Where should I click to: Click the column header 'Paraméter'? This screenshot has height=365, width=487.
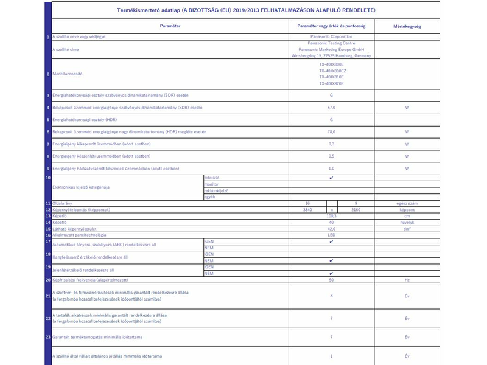click(x=170, y=27)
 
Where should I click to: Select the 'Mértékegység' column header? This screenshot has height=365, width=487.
click(x=407, y=27)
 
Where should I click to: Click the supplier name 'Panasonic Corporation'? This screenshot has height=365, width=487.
click(x=331, y=37)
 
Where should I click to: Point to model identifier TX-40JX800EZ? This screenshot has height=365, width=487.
click(x=331, y=71)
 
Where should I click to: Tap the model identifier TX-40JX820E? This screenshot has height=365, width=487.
click(x=331, y=83)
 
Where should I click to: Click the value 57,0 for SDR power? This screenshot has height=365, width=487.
click(x=331, y=108)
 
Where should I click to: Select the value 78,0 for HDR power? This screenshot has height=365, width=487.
click(x=331, y=131)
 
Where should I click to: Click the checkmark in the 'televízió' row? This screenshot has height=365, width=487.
click(x=331, y=178)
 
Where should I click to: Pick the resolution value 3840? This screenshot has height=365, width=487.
click(x=307, y=209)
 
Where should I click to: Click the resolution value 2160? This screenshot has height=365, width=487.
click(x=355, y=209)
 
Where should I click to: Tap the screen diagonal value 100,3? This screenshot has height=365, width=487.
click(x=331, y=216)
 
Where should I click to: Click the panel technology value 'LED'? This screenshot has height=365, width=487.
click(x=331, y=235)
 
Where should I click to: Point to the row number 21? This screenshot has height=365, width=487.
click(x=48, y=296)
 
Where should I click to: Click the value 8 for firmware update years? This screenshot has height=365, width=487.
click(x=331, y=296)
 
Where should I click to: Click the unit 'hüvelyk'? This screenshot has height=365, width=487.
click(x=407, y=222)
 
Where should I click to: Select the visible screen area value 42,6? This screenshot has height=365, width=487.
click(x=331, y=229)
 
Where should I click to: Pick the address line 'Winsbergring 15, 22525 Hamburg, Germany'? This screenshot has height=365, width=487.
click(x=331, y=55)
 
